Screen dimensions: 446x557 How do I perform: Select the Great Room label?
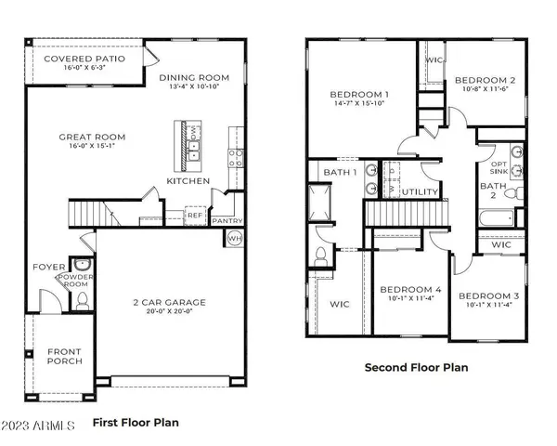coord(92,138)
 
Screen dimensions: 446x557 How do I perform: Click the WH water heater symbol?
coord(233,239)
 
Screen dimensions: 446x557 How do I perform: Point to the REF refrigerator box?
coord(194,215)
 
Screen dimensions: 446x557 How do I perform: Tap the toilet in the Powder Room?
coord(82,299)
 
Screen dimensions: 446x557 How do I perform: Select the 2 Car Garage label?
coord(169,302)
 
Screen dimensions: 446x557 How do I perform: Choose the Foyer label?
coord(49,267)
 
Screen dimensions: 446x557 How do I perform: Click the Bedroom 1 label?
coord(359,95)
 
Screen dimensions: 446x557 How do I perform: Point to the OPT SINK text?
coord(499,170)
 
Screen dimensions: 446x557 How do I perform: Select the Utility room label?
coord(421,192)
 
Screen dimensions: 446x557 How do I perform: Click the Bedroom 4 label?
coord(410,290)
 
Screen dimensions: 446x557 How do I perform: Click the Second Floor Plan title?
coord(415,368)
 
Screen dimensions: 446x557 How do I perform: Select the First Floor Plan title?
coord(136,422)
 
